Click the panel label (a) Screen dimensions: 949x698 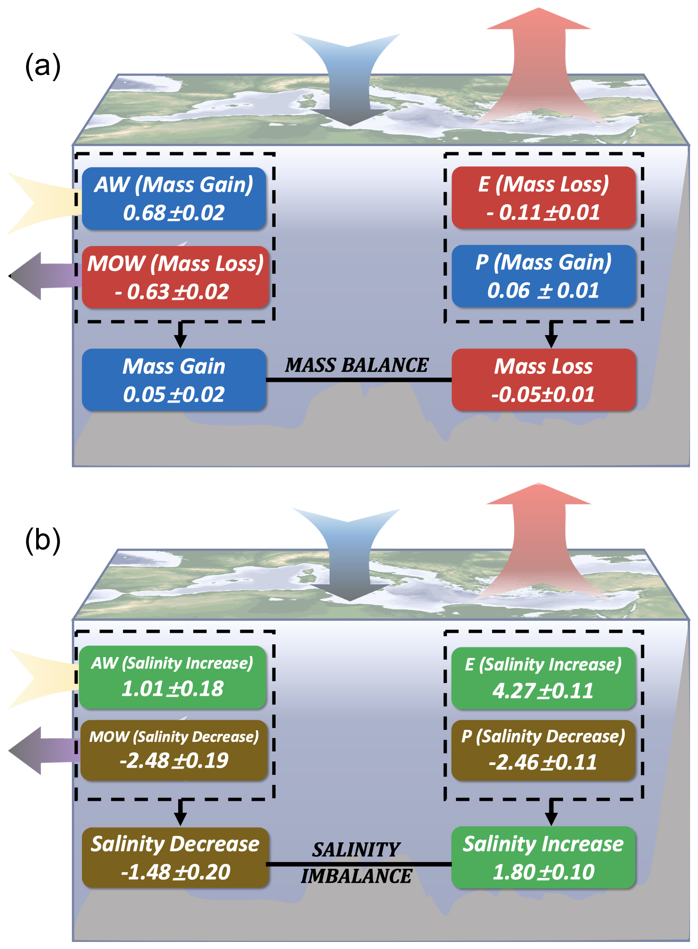[43, 66]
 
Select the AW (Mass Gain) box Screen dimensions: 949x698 [174, 198]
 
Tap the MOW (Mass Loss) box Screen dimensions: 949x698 [175, 277]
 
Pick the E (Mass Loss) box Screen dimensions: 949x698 [543, 198]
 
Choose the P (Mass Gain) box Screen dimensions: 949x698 [543, 276]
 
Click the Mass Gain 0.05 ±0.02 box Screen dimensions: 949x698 [174, 380]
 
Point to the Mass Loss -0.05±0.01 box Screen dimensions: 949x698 [543, 380]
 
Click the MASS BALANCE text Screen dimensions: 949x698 [356, 365]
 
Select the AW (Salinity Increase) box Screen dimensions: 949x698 [172, 677]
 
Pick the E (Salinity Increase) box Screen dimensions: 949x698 [543, 678]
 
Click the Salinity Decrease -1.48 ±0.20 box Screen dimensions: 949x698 [175, 858]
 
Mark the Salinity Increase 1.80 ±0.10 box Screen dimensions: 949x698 [543, 858]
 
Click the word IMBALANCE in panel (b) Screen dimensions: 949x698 [356, 876]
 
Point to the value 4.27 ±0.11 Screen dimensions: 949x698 [543, 691]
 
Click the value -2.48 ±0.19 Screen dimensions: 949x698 [174, 761]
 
